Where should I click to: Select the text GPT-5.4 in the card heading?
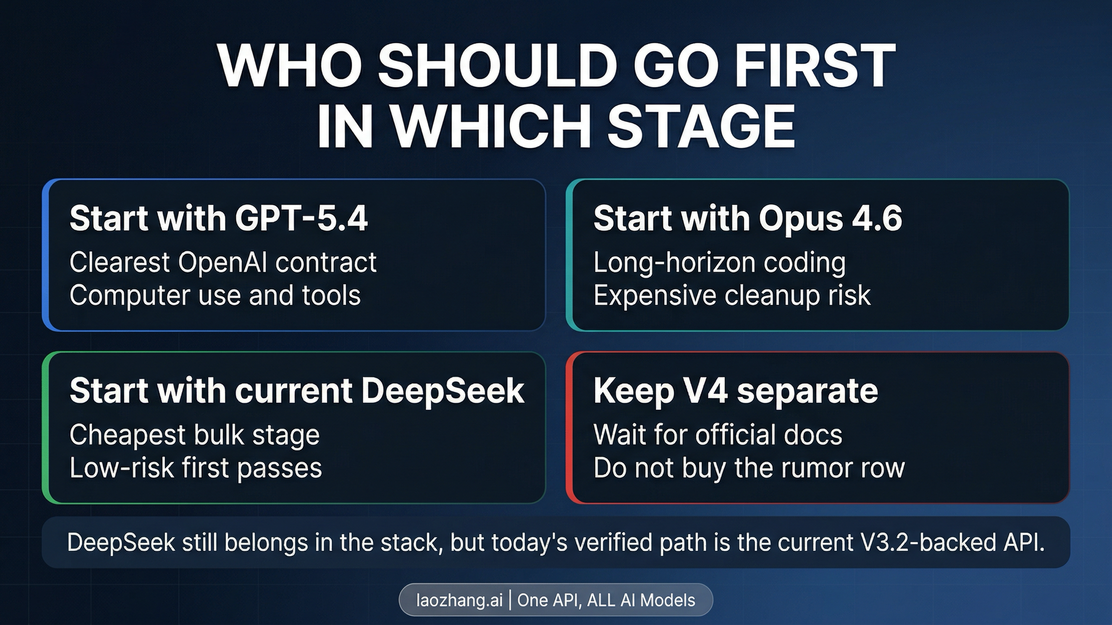pyautogui.click(x=301, y=218)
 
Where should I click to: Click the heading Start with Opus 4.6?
pyautogui.click(x=748, y=218)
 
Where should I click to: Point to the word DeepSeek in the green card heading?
pyautogui.click(x=442, y=391)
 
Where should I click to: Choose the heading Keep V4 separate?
pyautogui.click(x=736, y=391)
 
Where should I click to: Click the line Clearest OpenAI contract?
pyautogui.click(x=223, y=262)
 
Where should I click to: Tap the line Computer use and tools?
pyautogui.click(x=215, y=295)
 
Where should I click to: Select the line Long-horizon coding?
pyautogui.click(x=720, y=262)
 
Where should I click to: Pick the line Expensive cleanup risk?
pyautogui.click(x=732, y=295)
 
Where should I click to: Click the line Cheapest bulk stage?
pyautogui.click(x=195, y=435)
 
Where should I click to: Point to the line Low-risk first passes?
pyautogui.click(x=196, y=468)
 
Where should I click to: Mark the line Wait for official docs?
pyautogui.click(x=718, y=435)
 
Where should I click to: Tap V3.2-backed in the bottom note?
pyautogui.click(x=928, y=543)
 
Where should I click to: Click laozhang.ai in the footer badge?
pyautogui.click(x=459, y=600)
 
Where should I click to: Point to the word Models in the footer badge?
pyautogui.click(x=668, y=600)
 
